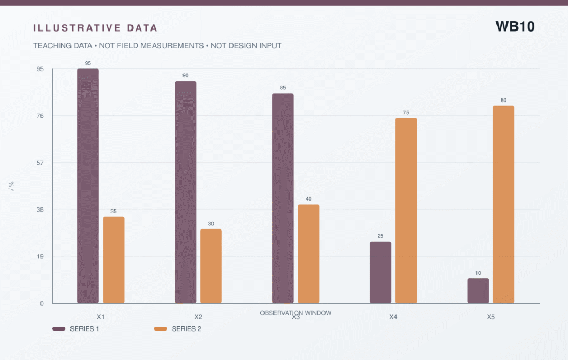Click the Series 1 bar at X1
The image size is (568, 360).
tap(88, 186)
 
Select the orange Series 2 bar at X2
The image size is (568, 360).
tap(211, 266)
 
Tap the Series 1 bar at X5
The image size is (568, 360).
tap(478, 291)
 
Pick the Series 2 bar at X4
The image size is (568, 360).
tap(406, 211)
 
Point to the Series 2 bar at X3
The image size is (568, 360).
tap(309, 254)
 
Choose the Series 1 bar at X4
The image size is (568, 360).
tap(380, 272)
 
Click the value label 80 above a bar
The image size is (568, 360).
tap(503, 100)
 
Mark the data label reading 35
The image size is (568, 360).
tap(114, 211)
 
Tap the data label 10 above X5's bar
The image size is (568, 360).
tap(478, 273)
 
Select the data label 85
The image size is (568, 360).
tap(283, 88)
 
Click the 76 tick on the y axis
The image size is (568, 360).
tap(40, 116)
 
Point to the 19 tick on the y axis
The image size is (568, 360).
tap(40, 256)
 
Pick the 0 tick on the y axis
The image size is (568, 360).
tap(42, 304)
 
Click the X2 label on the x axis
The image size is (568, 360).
tap(198, 317)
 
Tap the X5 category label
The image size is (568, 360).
tap(491, 317)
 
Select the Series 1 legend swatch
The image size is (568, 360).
tap(59, 329)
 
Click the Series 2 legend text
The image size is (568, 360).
tap(187, 329)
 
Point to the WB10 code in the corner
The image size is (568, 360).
tap(515, 26)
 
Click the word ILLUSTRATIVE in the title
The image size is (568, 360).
tap(77, 28)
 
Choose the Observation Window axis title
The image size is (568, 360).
tap(296, 313)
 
